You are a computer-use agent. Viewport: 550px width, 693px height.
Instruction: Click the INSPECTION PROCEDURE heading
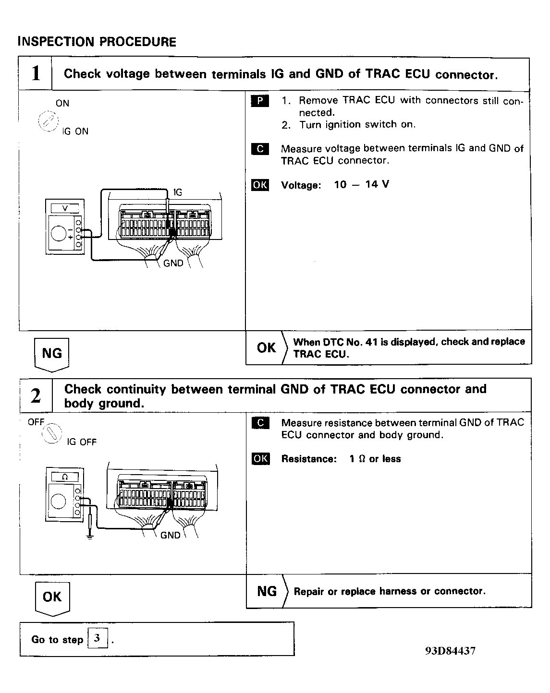97,42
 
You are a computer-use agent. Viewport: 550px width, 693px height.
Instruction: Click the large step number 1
36,74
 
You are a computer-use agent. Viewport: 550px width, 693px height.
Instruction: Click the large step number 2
36,396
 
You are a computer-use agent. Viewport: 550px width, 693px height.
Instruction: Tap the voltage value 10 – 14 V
361,185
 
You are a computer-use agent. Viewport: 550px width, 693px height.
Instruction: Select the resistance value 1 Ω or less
375,459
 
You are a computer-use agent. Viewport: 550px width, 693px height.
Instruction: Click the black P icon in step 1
260,101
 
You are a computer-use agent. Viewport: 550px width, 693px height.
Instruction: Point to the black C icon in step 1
260,149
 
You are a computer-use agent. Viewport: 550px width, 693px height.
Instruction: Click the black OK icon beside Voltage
260,185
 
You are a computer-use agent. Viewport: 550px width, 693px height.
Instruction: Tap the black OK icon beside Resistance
260,459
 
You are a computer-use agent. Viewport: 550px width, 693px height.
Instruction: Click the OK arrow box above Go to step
52,598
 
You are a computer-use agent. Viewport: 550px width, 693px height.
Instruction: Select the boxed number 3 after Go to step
98,639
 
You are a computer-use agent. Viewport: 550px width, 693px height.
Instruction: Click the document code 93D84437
450,651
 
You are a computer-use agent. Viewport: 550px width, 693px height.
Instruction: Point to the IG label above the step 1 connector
177,192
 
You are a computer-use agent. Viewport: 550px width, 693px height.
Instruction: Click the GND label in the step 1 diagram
173,263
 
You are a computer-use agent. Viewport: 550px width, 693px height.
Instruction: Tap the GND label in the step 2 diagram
170,535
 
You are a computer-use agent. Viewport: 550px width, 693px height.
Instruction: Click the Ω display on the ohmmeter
65,477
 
